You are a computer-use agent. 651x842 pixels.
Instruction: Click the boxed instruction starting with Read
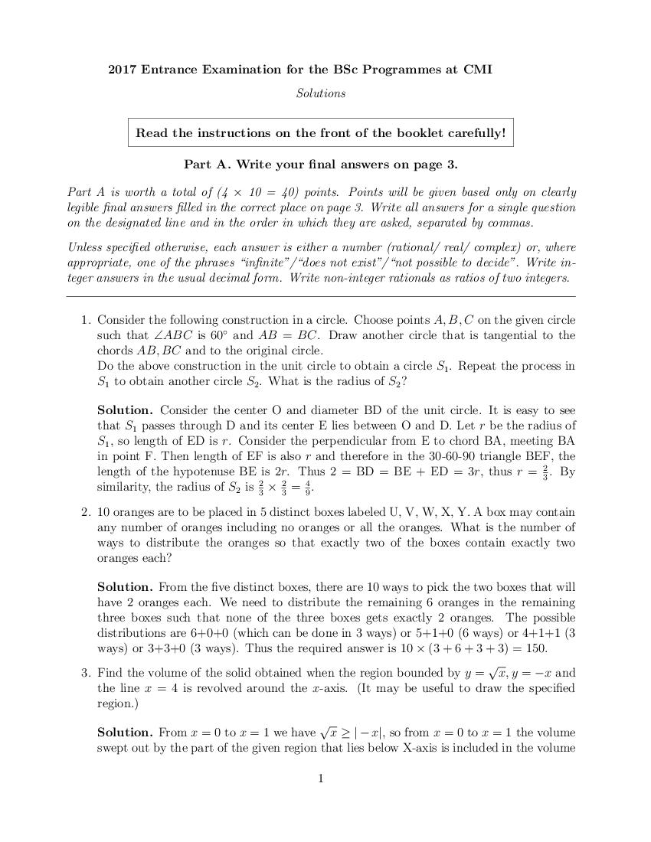tap(320, 132)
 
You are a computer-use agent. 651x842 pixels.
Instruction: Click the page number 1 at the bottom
tap(321, 779)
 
